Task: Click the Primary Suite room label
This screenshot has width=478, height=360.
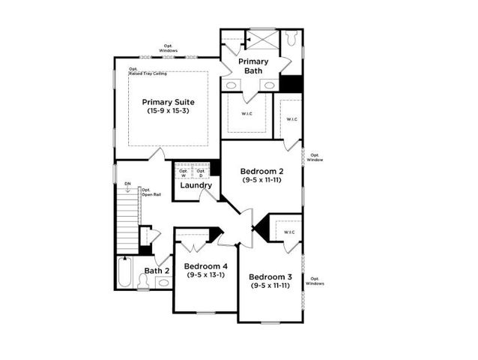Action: [x=169, y=102]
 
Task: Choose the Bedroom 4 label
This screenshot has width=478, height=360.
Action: [x=205, y=266]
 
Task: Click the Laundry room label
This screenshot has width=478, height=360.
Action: [x=195, y=185]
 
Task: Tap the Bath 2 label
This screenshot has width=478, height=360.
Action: [x=157, y=271]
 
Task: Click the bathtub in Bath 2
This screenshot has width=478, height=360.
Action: [x=125, y=274]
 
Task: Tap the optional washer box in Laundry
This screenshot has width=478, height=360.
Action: [x=184, y=172]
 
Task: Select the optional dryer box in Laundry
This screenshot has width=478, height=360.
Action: [x=201, y=172]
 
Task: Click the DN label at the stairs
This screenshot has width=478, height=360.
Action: [x=127, y=183]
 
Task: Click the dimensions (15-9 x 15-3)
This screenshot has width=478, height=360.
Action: [x=169, y=111]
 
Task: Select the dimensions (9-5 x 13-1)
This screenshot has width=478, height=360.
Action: [x=205, y=275]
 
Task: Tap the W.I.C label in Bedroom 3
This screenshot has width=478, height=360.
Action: [x=288, y=232]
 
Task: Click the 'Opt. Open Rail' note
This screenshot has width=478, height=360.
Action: [x=151, y=192]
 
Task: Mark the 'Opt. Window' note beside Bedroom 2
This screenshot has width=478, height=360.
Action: [x=315, y=157]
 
